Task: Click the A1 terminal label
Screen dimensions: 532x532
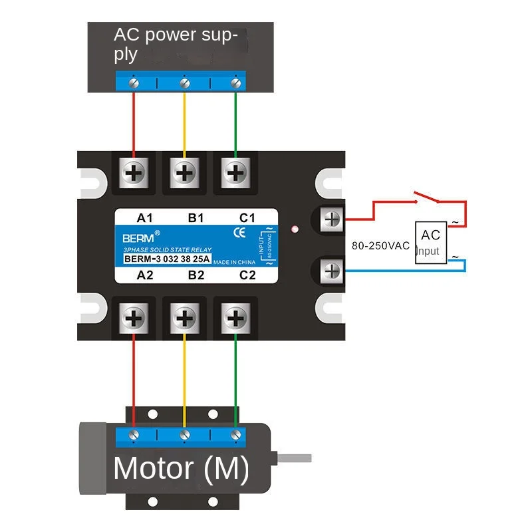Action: [145, 217]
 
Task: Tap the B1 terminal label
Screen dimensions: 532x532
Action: [196, 217]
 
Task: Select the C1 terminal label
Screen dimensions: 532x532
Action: [247, 217]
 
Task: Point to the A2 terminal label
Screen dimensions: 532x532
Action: [145, 274]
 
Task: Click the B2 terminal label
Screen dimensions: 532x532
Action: [196, 274]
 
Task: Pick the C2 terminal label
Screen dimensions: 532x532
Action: [247, 274]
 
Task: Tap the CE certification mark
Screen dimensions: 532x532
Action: [240, 233]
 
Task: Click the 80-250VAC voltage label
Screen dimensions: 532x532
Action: [380, 245]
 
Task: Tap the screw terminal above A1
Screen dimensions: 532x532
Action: [134, 173]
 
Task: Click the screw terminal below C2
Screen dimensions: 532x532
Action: [235, 317]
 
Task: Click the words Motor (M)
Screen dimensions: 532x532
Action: [181, 469]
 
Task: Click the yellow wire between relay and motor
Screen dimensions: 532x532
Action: [184, 379]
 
